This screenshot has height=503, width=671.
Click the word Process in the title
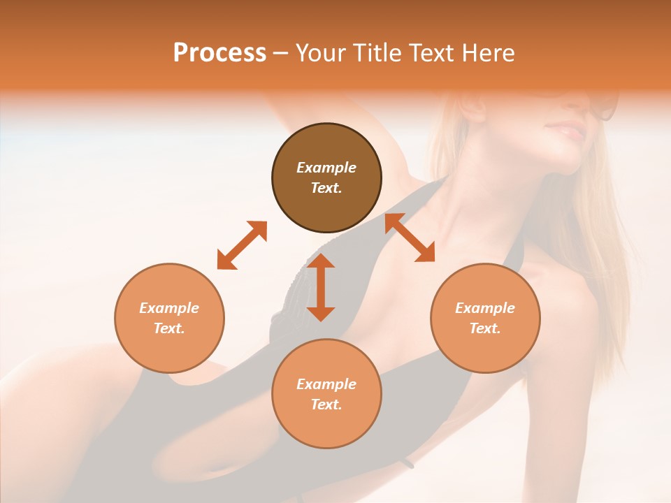coord(219,53)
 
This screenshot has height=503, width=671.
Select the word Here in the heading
coord(489,53)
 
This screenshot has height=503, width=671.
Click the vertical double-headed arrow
coord(321,287)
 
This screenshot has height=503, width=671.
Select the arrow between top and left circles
coord(242,245)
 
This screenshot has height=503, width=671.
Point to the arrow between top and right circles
coord(410,238)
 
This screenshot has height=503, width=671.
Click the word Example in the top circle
coord(326,168)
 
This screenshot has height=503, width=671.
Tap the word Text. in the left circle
coord(169,328)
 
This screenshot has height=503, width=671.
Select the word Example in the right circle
coord(485,308)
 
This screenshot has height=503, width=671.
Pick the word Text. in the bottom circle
coord(326,404)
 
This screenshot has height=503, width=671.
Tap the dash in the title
coord(281,53)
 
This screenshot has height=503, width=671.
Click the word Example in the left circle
coord(169,308)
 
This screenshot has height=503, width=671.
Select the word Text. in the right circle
coord(485,328)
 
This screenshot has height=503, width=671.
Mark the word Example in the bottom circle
coord(326,384)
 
